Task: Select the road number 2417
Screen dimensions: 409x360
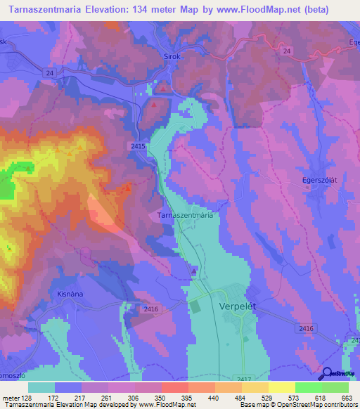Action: [244, 378]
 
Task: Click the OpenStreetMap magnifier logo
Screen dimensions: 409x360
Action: [327, 374]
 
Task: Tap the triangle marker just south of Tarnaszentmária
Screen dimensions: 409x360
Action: [195, 270]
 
